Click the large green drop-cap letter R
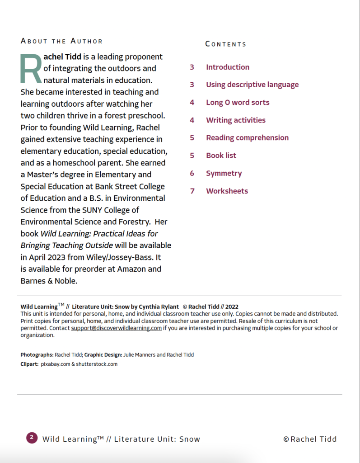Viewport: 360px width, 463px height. pyautogui.click(x=31, y=68)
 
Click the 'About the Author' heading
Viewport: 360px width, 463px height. pyautogui.click(x=61, y=41)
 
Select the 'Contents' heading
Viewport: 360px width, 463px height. pyautogui.click(x=226, y=44)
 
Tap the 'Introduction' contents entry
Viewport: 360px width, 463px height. pyautogui.click(x=228, y=67)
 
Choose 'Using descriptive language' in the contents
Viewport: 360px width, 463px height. pyautogui.click(x=252, y=85)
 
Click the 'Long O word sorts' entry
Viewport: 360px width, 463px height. pyautogui.click(x=238, y=102)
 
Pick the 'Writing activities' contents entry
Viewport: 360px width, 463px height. pyautogui.click(x=236, y=120)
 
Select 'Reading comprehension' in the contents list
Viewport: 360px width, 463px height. pyautogui.click(x=247, y=137)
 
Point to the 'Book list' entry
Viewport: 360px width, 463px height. pyautogui.click(x=221, y=155)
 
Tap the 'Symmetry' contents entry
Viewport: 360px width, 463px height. pyautogui.click(x=224, y=173)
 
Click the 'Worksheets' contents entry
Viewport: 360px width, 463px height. pyautogui.click(x=227, y=191)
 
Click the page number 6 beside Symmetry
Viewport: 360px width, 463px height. pyautogui.click(x=192, y=173)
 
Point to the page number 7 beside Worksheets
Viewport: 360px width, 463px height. pyautogui.click(x=192, y=191)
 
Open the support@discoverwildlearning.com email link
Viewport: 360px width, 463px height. pyautogui.click(x=116, y=328)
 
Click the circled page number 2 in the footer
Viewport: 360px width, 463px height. pyautogui.click(x=32, y=437)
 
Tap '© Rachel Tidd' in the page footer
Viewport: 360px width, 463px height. pyautogui.click(x=310, y=439)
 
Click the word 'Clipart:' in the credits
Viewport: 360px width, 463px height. pyautogui.click(x=29, y=364)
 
